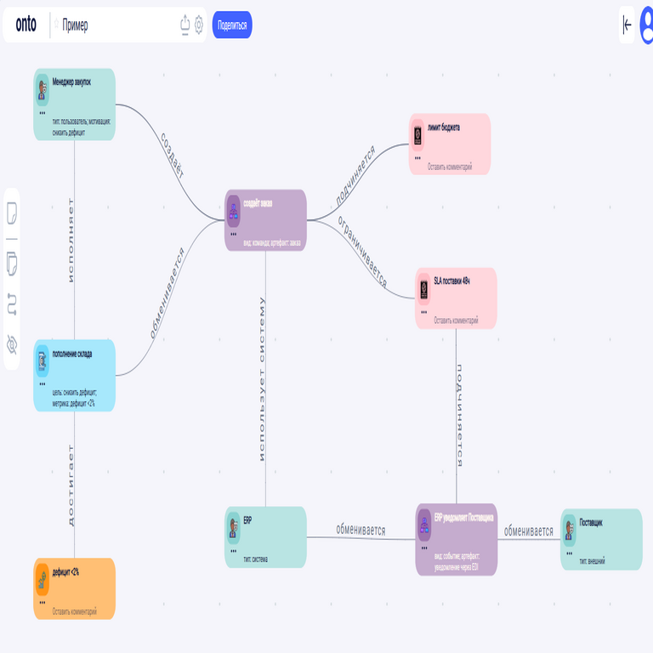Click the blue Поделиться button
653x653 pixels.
232,25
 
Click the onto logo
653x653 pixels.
26,25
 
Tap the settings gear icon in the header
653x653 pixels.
199,25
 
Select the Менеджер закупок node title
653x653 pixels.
71,82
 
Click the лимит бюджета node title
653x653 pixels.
444,128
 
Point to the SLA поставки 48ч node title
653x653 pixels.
451,281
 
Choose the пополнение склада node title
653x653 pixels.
72,354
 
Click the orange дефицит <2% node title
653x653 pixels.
65,572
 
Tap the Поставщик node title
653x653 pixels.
591,523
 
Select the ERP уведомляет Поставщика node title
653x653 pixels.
463,517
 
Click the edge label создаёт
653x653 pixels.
172,154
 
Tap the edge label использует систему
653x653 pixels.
263,378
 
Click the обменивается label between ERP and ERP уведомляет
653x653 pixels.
361,530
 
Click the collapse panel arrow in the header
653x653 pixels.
627,25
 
